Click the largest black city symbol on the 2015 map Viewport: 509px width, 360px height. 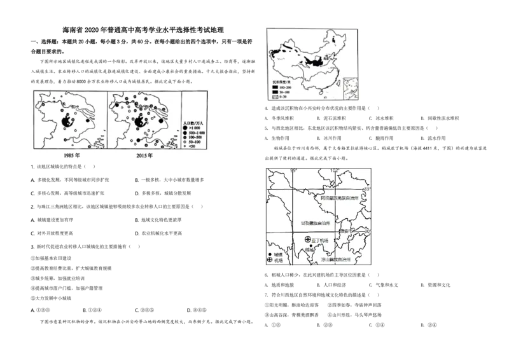141,121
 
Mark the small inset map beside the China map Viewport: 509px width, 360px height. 351,88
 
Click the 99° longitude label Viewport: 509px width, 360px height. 294,170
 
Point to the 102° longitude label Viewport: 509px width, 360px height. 335,170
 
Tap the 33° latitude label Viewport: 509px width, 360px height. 366,190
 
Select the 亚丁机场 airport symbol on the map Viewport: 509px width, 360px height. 307,239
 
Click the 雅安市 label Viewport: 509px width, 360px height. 347,231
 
